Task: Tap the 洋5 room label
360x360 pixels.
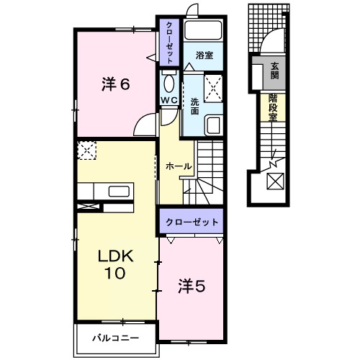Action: click(x=191, y=287)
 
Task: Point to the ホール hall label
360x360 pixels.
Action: click(x=179, y=166)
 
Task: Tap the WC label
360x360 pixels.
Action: click(x=169, y=99)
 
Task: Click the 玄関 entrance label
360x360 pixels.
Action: click(x=275, y=70)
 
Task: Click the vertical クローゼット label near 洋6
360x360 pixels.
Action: click(x=168, y=44)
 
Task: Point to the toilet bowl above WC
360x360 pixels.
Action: click(x=169, y=81)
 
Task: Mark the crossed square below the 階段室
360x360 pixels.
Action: click(x=276, y=181)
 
